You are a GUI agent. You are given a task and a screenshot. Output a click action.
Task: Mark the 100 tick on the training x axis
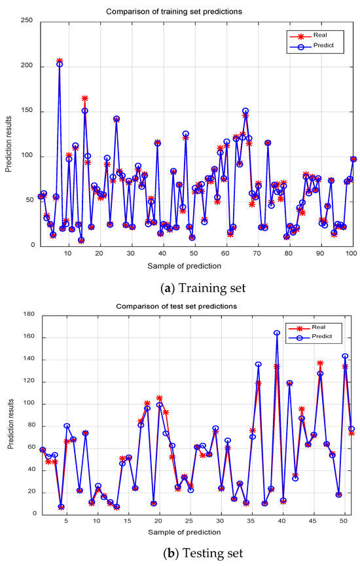pyautogui.click(x=351, y=253)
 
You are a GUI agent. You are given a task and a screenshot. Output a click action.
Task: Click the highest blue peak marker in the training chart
pyautogui.click(x=60, y=64)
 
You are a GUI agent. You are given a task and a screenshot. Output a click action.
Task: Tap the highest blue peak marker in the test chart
pyautogui.click(x=277, y=333)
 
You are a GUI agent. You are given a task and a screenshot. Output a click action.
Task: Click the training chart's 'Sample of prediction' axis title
pyautogui.click(x=184, y=265)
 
